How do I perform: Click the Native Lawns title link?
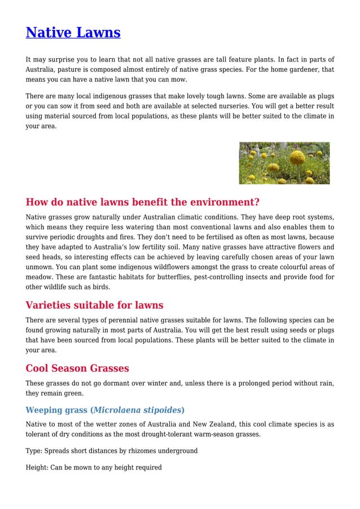pos(73,33)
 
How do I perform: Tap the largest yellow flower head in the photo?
pos(297,157)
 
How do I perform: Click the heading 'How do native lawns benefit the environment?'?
pos(142,202)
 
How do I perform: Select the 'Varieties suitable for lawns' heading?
pos(94,305)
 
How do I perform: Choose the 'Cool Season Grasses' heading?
pos(77,368)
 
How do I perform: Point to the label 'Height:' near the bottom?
pos(37,467)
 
